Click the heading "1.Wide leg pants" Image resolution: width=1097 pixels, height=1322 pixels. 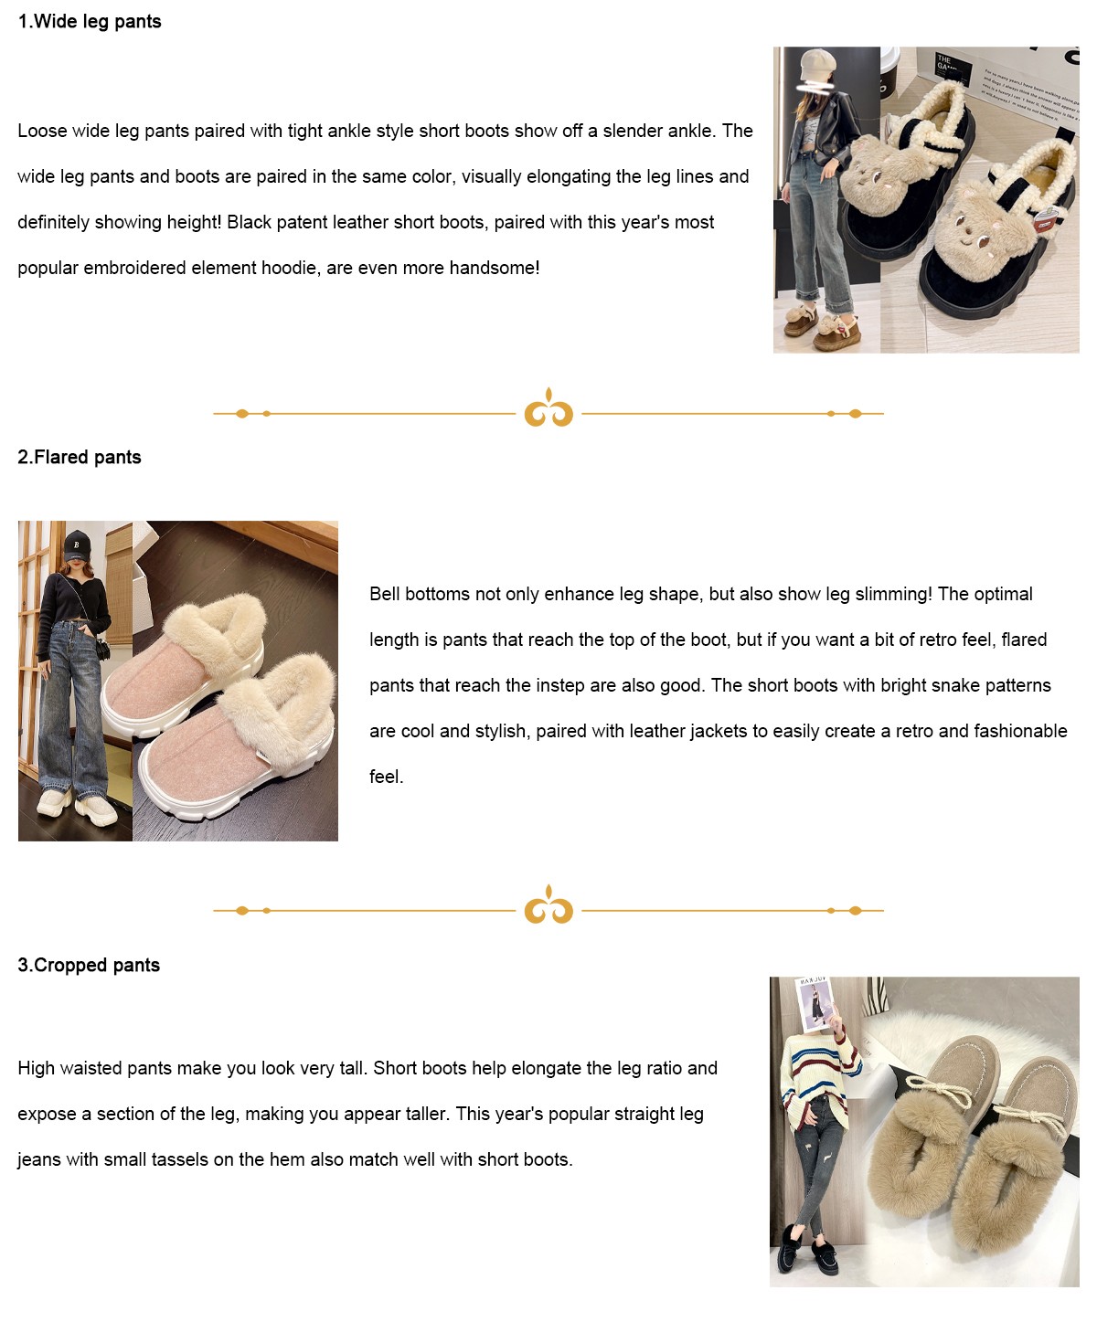point(90,22)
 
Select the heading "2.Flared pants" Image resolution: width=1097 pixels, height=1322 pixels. point(80,457)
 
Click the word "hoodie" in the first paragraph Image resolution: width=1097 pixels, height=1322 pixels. point(287,268)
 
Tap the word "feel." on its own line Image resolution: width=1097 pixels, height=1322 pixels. point(386,777)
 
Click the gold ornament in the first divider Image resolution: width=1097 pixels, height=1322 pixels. point(548,407)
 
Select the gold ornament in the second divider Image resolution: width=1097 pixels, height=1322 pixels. point(548,904)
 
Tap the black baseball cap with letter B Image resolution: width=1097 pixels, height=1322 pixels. point(77,544)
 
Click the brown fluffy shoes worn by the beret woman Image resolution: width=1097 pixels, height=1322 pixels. point(821,325)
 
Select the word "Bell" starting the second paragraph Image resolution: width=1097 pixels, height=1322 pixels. point(385,594)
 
